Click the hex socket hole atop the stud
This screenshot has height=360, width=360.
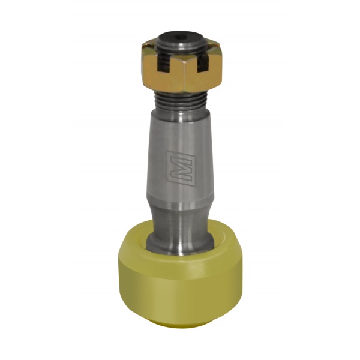click(181, 37)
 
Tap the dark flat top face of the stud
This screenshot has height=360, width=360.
click(181, 38)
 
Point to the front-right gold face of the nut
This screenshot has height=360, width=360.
click(203, 76)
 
